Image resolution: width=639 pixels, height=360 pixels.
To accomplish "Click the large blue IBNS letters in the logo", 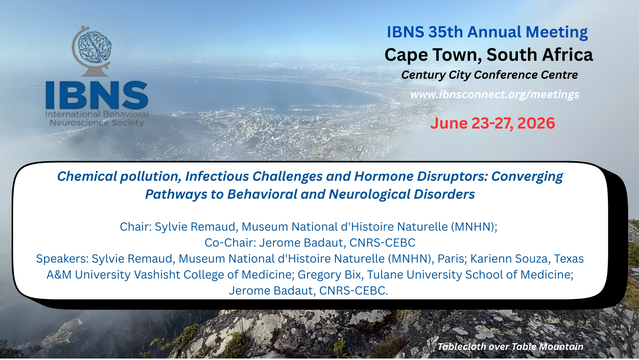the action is [x=97, y=95].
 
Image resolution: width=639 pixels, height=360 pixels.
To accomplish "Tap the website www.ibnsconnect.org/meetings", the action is [x=495, y=94].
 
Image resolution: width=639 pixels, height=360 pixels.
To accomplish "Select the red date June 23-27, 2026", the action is [x=492, y=123].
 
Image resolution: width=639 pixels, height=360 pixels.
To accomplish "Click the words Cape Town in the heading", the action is [x=433, y=55].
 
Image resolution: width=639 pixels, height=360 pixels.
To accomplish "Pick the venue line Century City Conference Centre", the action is [x=489, y=75].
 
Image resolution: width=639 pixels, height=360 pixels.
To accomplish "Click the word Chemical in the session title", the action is [x=87, y=176].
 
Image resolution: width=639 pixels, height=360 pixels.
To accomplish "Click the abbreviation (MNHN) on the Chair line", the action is [x=474, y=227].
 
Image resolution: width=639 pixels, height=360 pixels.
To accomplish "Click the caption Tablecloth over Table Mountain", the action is [x=511, y=347].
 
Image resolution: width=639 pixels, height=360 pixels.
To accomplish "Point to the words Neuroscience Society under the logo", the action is [x=97, y=123].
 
